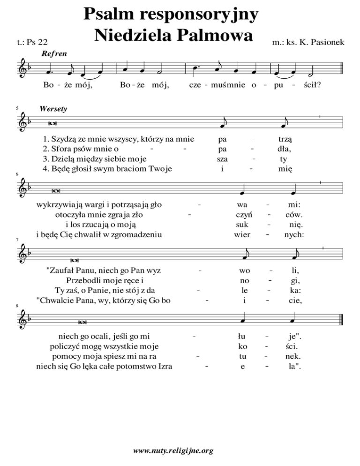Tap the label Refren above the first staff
pyautogui.click(x=54, y=54)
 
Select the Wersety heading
pyautogui.click(x=54, y=109)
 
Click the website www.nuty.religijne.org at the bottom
pyautogui.click(x=173, y=451)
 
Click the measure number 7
pyautogui.click(x=4, y=240)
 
